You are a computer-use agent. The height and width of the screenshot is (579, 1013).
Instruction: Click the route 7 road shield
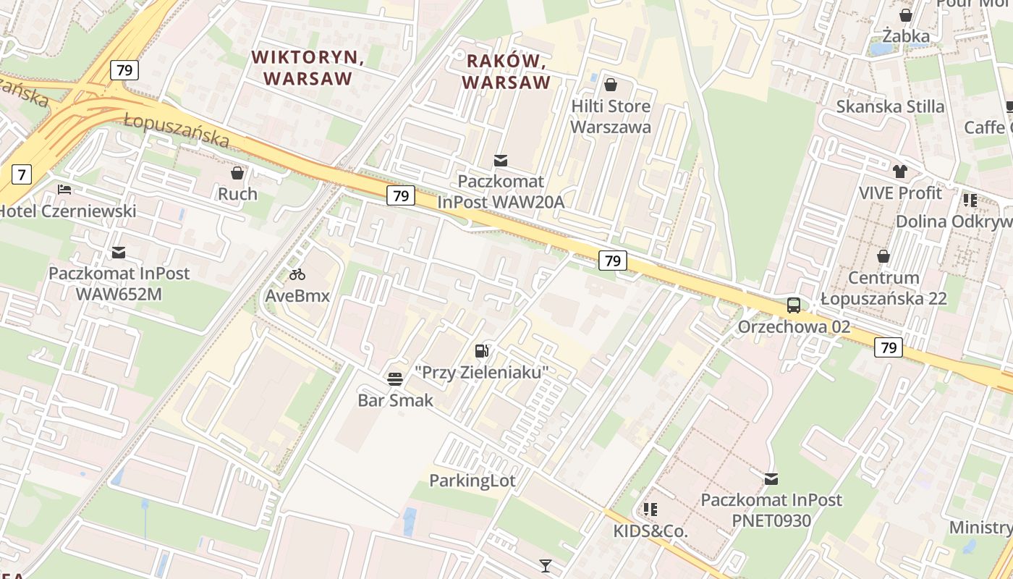[22, 174]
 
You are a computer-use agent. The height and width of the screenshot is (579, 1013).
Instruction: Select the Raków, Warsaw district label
[506, 71]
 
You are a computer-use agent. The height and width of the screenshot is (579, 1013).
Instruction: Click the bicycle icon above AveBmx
[297, 274]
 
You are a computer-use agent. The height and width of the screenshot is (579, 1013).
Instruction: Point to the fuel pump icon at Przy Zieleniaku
[481, 351]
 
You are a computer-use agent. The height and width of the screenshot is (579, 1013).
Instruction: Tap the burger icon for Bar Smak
[394, 379]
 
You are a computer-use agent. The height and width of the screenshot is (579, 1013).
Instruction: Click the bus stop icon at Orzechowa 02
[794, 305]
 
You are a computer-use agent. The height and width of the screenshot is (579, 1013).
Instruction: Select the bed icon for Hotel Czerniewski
[64, 190]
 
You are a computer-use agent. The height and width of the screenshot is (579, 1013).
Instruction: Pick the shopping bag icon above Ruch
[237, 173]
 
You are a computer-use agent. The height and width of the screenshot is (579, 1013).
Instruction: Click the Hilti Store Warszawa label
[611, 117]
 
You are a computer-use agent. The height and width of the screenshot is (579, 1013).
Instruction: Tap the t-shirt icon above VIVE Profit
[899, 172]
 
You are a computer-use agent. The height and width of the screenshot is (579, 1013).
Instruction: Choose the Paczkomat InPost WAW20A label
[501, 192]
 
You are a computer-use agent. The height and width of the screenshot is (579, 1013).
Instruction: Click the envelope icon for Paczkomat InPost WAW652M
[119, 253]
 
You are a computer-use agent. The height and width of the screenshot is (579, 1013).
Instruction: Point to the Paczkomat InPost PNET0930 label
[771, 510]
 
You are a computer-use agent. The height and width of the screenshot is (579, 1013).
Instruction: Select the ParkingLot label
[472, 481]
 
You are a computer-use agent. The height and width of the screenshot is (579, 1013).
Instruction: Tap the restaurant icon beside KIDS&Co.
[650, 510]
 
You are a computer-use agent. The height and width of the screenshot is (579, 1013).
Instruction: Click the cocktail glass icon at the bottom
[546, 565]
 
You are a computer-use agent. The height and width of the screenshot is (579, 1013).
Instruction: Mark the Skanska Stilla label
[890, 106]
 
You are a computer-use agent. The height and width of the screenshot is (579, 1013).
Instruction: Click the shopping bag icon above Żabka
[905, 15]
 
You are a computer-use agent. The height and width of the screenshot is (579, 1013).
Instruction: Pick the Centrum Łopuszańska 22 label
[883, 288]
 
